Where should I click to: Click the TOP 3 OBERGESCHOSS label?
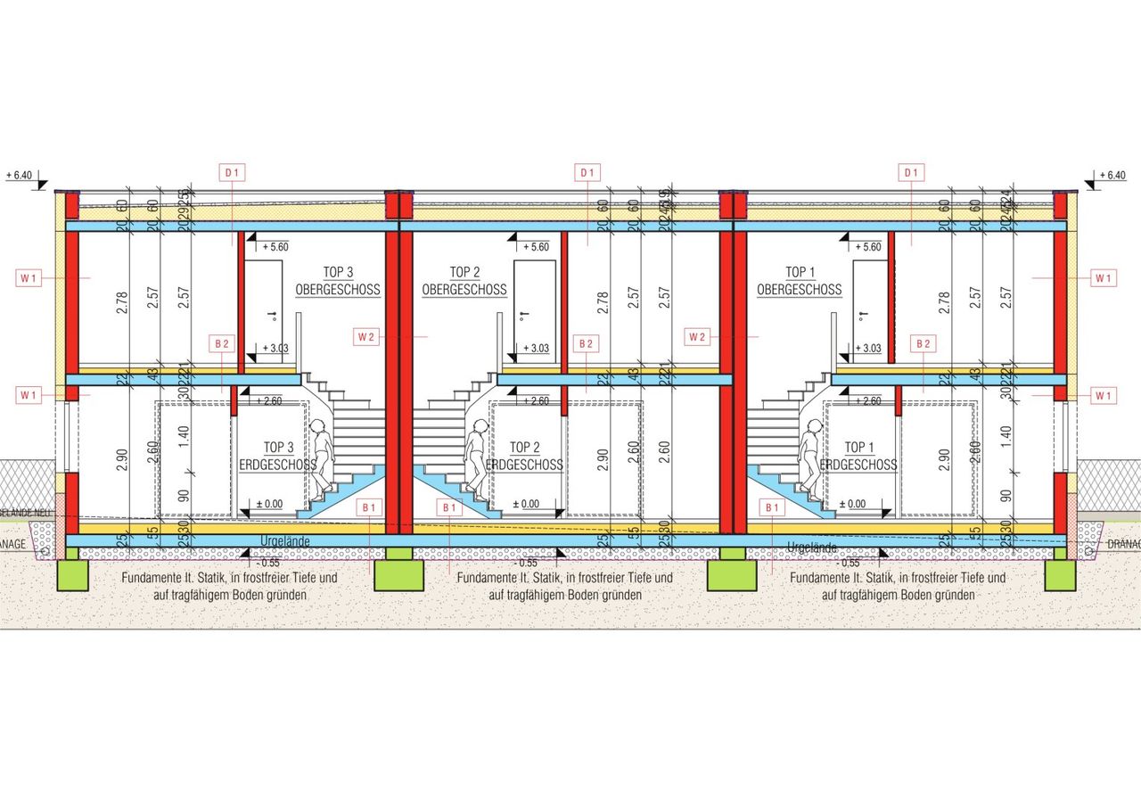pos(338,281)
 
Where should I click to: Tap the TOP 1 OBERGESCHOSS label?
pos(800,281)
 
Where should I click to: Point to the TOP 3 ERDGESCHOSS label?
pos(278,456)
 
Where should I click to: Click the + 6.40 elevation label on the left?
pos(19,176)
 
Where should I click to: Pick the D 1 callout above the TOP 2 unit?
pos(587,171)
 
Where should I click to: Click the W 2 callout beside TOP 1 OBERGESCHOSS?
pos(698,336)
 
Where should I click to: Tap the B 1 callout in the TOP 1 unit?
pos(771,507)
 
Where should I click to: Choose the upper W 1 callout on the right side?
pos(1104,278)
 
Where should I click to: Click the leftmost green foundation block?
pos(73,575)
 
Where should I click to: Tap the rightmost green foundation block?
pos(1060,575)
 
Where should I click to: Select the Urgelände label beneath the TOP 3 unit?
pos(285,541)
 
